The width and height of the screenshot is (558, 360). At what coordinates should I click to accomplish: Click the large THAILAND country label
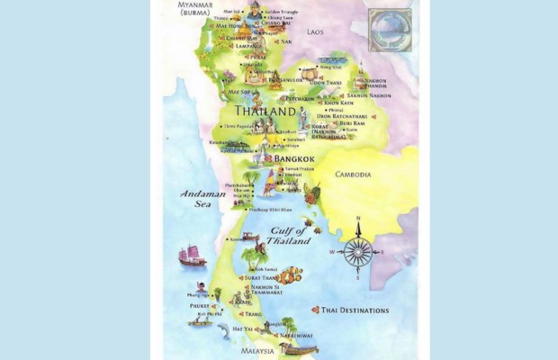tap(265, 111)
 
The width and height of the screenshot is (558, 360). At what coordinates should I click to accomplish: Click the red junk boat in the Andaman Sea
tap(193, 257)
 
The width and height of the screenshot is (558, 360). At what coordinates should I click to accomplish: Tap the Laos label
tap(314, 31)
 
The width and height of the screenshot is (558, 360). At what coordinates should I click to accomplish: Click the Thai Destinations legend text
tap(355, 310)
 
